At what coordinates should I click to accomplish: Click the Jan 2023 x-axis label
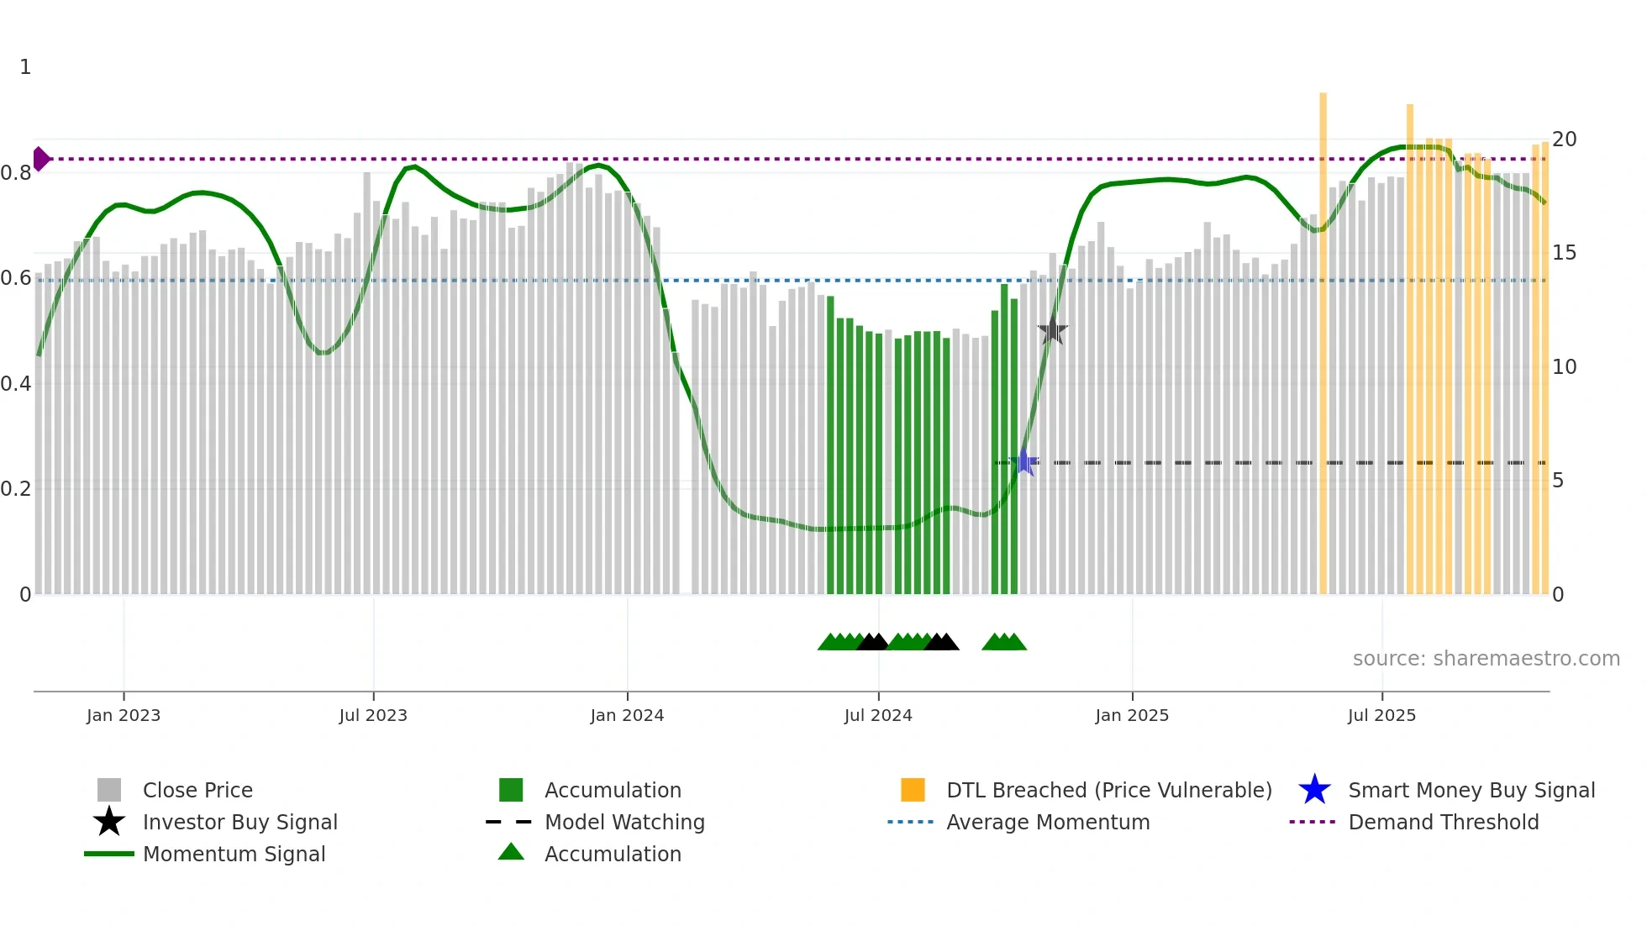(123, 715)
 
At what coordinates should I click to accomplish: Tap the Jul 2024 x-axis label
(878, 715)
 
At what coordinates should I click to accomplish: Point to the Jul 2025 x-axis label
(1381, 715)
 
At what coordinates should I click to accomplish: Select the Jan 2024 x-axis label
(627, 715)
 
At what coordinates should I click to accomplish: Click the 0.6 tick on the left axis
(17, 278)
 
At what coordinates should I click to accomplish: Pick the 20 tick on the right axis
(1564, 139)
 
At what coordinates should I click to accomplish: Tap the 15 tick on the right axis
(1564, 253)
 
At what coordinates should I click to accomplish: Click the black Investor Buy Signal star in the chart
(1052, 331)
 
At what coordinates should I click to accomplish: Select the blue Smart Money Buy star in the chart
(1024, 461)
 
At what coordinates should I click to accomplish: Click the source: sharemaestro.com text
(1486, 659)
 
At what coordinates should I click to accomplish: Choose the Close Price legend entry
(197, 790)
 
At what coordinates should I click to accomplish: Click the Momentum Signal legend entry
(234, 854)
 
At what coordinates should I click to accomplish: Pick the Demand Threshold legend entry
(1443, 822)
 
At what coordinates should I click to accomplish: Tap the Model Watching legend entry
(624, 822)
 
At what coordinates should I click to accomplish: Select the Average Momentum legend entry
(1048, 822)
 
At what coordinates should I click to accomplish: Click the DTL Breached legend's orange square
(913, 790)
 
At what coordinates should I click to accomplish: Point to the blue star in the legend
(1314, 790)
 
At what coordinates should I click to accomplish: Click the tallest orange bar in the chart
(1323, 336)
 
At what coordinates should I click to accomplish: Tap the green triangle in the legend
(511, 853)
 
